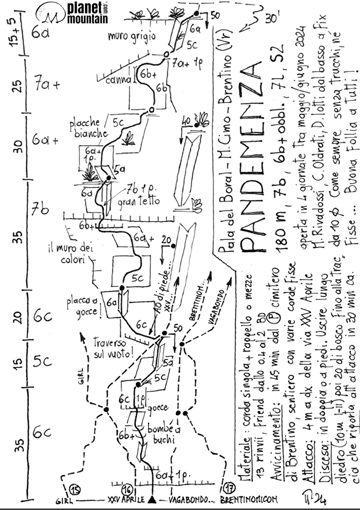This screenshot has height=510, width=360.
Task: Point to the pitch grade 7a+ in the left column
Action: (46, 86)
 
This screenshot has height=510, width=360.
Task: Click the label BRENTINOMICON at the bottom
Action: (249, 500)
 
